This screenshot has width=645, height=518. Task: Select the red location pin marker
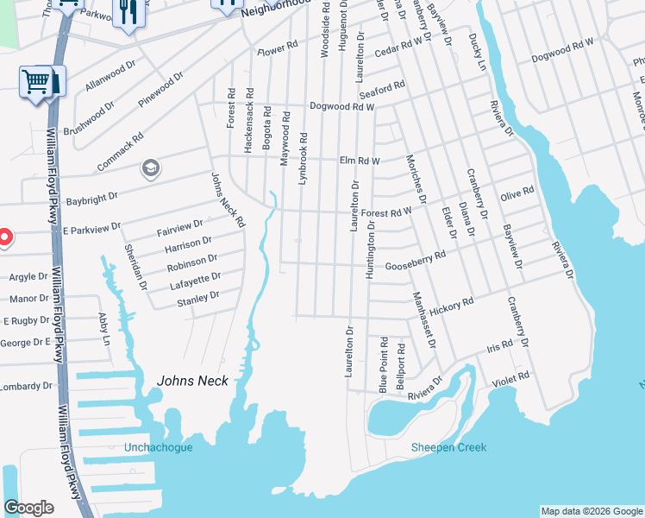tap(3, 236)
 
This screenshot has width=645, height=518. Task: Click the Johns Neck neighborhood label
tap(192, 381)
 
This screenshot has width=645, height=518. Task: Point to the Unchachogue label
tap(159, 447)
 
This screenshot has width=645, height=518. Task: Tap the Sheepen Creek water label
tap(448, 447)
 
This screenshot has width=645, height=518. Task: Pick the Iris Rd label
tap(500, 344)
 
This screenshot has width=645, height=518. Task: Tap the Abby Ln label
tap(105, 329)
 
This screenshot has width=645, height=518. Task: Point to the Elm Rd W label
tap(360, 160)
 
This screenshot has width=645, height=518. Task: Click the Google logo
tap(28, 508)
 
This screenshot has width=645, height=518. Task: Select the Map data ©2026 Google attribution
tap(592, 511)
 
